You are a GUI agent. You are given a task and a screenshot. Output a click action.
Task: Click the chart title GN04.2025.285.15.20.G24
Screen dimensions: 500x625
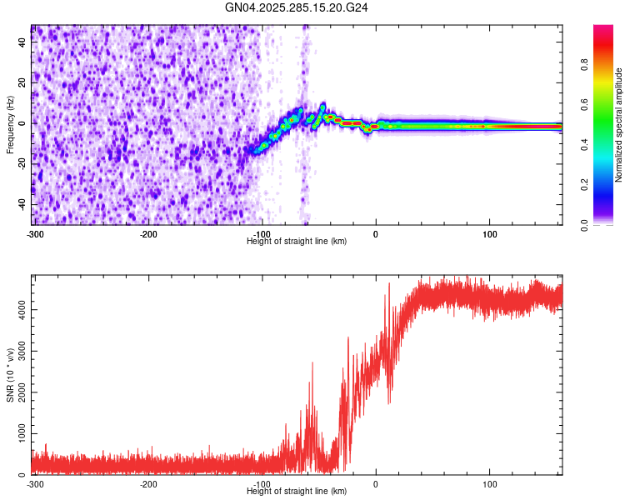297,7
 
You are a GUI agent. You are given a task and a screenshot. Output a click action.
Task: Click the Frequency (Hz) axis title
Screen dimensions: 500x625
10,125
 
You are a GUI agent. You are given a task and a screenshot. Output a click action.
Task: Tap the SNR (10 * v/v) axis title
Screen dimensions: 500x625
10,375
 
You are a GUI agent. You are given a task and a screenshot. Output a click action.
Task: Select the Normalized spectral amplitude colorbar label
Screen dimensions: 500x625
618,125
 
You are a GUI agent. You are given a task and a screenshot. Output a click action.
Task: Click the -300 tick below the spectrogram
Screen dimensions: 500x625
35,234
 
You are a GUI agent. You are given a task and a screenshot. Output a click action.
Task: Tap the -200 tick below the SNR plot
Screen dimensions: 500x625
149,484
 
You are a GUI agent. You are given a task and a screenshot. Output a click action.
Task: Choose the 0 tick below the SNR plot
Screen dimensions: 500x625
376,484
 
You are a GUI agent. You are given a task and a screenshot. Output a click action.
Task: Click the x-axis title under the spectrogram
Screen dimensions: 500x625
297,242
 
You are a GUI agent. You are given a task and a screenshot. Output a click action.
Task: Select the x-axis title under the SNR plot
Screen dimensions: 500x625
297,492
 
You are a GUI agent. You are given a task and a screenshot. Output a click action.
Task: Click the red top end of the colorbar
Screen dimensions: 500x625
603,30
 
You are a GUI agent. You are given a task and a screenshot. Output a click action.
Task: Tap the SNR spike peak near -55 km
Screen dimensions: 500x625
312,363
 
